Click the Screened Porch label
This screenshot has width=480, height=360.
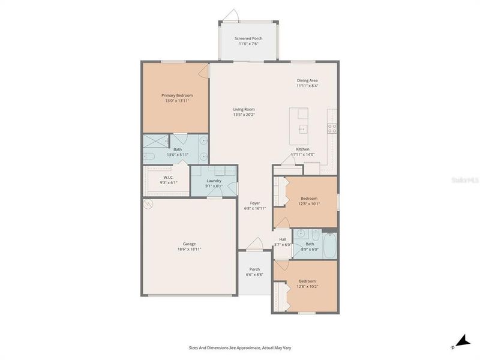pyautogui.click(x=248, y=38)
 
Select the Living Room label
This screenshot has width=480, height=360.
pyautogui.click(x=244, y=109)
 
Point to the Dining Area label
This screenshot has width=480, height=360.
pyautogui.click(x=307, y=80)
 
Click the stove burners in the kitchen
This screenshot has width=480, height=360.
pyautogui.click(x=332, y=128)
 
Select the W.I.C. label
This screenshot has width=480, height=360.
pyautogui.click(x=168, y=177)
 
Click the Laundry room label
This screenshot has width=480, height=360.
pyautogui.click(x=214, y=181)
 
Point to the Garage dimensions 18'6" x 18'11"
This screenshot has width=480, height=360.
pyautogui.click(x=189, y=249)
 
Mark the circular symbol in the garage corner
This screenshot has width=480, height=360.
pyautogui.click(x=148, y=205)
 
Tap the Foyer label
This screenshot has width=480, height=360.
pyautogui.click(x=256, y=203)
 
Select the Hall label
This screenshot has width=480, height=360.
pyautogui.click(x=282, y=239)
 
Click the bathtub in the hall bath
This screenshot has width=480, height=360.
pyautogui.click(x=329, y=244)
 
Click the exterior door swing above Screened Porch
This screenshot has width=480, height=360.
pyautogui.click(x=232, y=14)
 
